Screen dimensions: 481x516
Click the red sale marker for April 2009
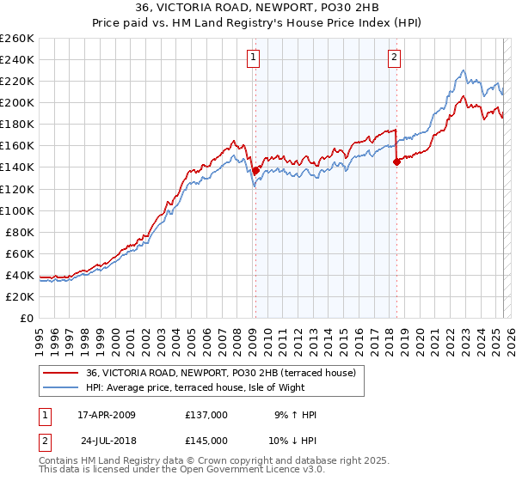(x=255, y=170)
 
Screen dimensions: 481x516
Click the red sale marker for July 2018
(x=396, y=161)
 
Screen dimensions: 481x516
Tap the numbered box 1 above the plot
(x=255, y=58)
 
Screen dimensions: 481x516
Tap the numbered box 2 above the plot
(x=394, y=58)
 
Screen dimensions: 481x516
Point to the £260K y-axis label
(x=16, y=39)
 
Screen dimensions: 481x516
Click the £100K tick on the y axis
(x=16, y=210)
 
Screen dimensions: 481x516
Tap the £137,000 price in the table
(x=206, y=415)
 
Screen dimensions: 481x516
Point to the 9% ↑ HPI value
(x=294, y=415)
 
